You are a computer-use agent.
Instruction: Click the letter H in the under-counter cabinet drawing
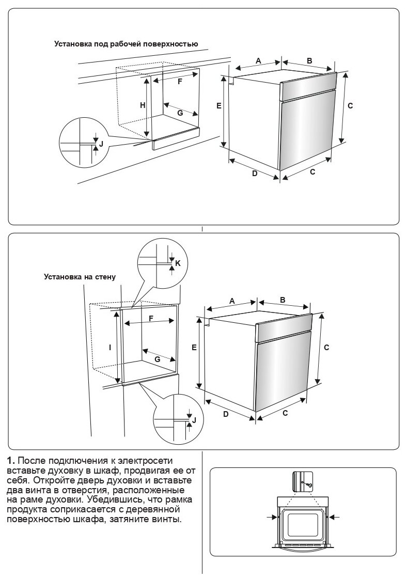[x=143, y=105]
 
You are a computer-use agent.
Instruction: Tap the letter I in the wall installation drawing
[x=110, y=348]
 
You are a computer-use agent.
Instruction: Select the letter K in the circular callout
[x=178, y=263]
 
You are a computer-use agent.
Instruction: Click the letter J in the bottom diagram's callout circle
[x=194, y=420]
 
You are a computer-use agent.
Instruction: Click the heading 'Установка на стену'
[x=79, y=277]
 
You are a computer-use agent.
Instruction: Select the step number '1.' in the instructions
[x=13, y=460]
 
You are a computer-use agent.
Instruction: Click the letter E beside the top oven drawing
[x=219, y=105]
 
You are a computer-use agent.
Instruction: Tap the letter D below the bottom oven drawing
[x=226, y=414]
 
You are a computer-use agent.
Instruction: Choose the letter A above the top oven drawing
[x=258, y=61]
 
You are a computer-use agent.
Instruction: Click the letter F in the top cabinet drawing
[x=180, y=82]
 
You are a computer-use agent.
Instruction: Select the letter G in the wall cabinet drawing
[x=157, y=358]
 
